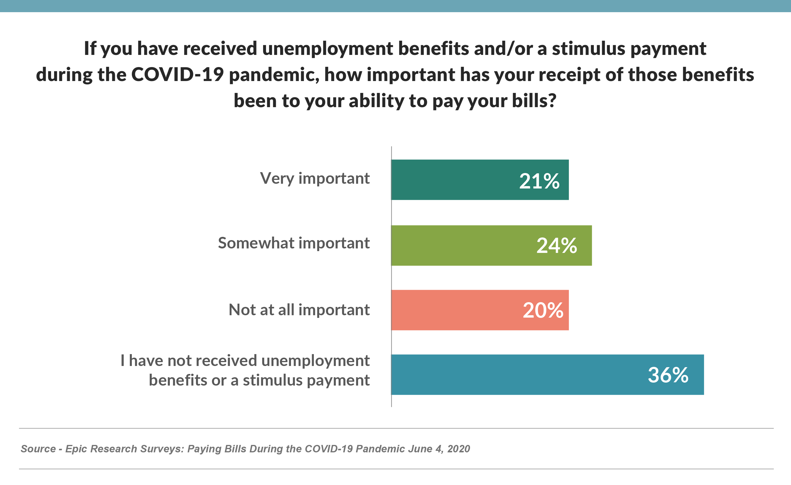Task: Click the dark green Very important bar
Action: [450, 180]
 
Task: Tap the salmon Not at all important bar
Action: [450, 310]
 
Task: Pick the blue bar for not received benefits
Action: [514, 375]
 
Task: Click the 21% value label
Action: [539, 181]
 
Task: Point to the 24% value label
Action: [557, 246]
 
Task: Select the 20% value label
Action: [543, 310]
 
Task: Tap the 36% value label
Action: [668, 375]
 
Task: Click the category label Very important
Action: [315, 178]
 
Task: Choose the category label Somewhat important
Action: [294, 243]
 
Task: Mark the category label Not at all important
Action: [299, 310]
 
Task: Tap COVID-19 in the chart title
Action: [177, 75]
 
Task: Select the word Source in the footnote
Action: [38, 449]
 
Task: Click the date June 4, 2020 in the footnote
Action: [439, 449]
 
